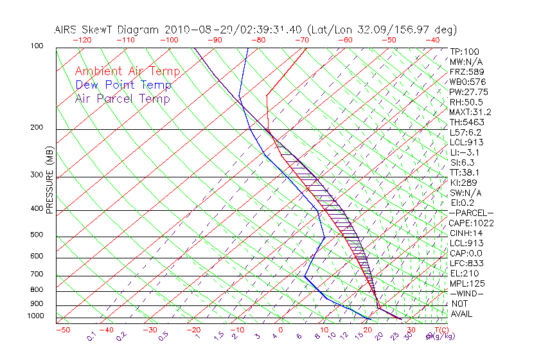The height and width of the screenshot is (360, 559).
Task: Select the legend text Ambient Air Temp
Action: pos(127,71)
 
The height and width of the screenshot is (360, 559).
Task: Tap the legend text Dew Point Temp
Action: pos(123,85)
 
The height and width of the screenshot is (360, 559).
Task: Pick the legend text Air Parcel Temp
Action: pos(122,98)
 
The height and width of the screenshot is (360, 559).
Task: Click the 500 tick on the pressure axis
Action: pos(37,235)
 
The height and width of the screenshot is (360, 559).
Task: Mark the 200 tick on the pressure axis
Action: pos(37,128)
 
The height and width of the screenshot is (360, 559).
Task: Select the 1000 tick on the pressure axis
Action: pos(35,316)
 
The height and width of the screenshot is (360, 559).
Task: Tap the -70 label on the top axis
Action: pos(301,40)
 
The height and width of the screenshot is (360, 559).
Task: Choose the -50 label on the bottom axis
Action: pos(62,330)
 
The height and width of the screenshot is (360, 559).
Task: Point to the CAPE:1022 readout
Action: pos(471,223)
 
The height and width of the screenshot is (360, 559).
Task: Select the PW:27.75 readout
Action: pos(469,92)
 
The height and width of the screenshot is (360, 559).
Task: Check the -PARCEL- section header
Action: pos(472,213)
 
